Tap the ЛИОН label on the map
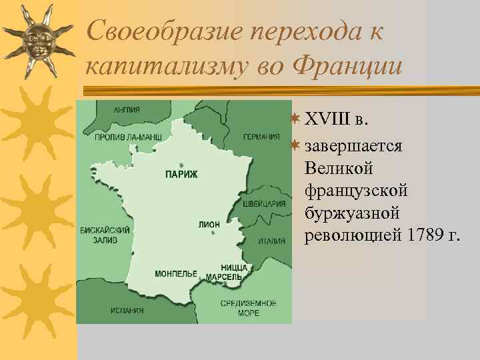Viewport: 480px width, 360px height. click(x=209, y=225)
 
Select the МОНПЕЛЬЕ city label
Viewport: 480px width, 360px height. click(x=176, y=274)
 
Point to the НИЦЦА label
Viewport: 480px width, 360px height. click(x=234, y=267)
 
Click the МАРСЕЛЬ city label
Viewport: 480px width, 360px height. click(x=223, y=276)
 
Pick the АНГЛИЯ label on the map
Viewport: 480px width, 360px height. click(x=127, y=110)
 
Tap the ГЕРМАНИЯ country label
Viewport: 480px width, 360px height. click(x=261, y=137)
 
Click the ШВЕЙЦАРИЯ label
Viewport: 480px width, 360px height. click(x=264, y=204)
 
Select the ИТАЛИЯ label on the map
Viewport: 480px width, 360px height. click(x=272, y=241)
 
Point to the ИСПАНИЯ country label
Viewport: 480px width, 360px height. click(x=127, y=310)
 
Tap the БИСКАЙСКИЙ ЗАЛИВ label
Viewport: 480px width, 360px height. click(x=105, y=235)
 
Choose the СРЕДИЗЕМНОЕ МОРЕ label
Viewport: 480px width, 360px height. click(x=249, y=308)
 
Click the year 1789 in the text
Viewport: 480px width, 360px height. click(x=416, y=235)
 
